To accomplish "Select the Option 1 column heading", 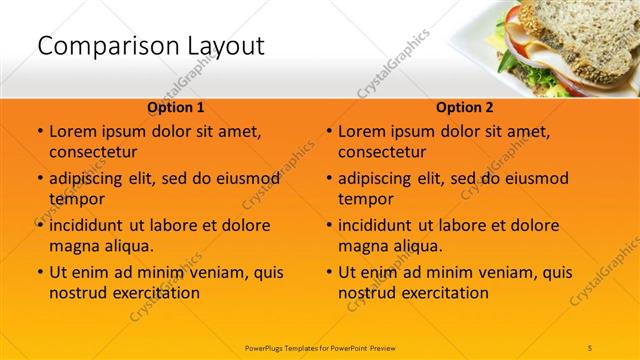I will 176,107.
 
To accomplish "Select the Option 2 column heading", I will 465,107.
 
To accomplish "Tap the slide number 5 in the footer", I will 590,347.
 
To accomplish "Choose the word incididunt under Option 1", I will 87,225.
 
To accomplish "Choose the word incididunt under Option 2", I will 376,225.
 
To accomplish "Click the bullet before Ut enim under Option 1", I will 39,272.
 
